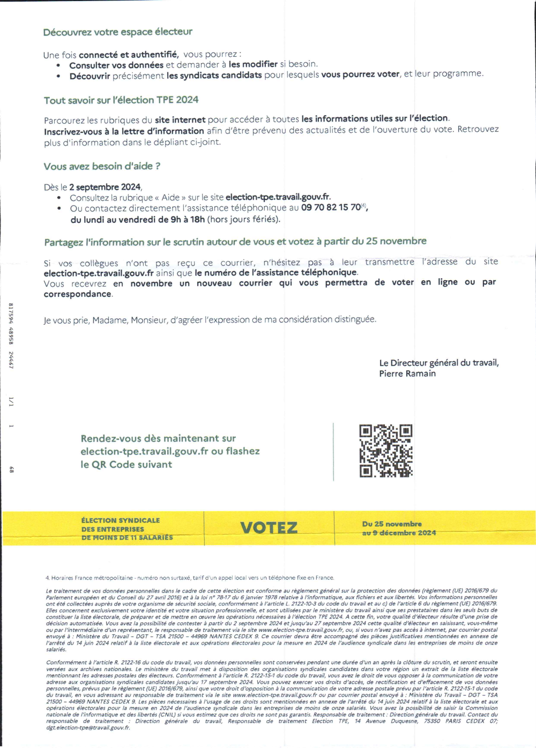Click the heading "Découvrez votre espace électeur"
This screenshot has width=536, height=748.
(x=117, y=32)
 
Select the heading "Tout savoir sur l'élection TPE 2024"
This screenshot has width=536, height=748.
(x=121, y=100)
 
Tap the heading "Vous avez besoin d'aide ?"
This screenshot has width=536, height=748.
(x=102, y=167)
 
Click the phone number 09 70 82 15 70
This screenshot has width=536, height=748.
(x=331, y=207)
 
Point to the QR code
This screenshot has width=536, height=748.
(x=386, y=451)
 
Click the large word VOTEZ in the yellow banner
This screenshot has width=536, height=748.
(x=269, y=528)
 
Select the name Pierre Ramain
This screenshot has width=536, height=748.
(x=407, y=373)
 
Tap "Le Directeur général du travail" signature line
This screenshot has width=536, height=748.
(x=439, y=363)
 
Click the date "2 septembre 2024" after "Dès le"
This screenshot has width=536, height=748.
(x=105, y=187)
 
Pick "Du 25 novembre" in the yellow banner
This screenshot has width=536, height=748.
(x=392, y=523)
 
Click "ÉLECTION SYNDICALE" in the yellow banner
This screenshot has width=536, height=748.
(x=121, y=520)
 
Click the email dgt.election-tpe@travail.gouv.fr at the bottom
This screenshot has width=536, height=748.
(x=88, y=728)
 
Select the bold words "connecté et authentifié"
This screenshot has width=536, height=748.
(x=128, y=54)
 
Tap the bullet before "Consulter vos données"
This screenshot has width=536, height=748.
(x=58, y=65)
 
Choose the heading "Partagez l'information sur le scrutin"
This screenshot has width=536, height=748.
(x=235, y=242)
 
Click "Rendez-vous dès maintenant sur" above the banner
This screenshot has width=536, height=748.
(x=158, y=438)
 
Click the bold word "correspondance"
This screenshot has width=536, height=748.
(x=78, y=294)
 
